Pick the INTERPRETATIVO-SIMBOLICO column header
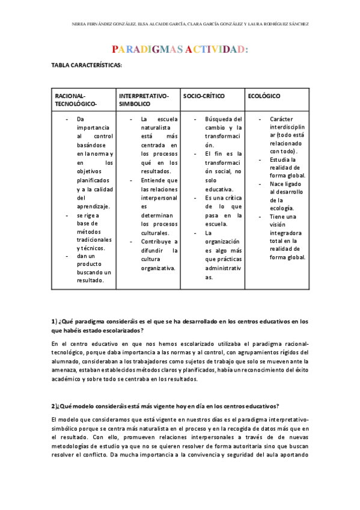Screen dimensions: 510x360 click(144, 100)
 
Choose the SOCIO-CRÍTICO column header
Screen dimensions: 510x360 click(202, 96)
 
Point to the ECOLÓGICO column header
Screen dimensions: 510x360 click(264, 96)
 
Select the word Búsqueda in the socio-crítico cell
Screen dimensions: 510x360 click(224, 119)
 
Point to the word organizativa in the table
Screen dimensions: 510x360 click(157, 268)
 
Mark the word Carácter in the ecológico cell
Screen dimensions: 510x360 click(281, 119)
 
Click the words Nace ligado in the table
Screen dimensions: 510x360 click(286, 183)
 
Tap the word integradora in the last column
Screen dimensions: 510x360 click(286, 233)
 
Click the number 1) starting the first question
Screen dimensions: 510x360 click(54, 321)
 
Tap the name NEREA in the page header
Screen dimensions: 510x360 click(79, 24)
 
